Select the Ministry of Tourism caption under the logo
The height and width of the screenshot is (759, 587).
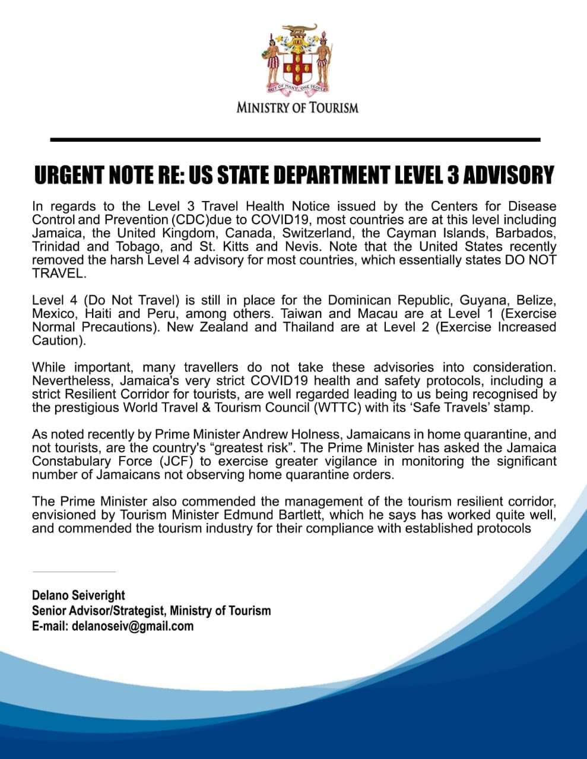tap(297, 108)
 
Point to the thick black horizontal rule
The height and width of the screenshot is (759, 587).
tap(295, 139)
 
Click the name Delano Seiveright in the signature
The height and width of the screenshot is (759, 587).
tap(78, 595)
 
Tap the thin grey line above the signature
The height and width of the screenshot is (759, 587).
tap(74, 572)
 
